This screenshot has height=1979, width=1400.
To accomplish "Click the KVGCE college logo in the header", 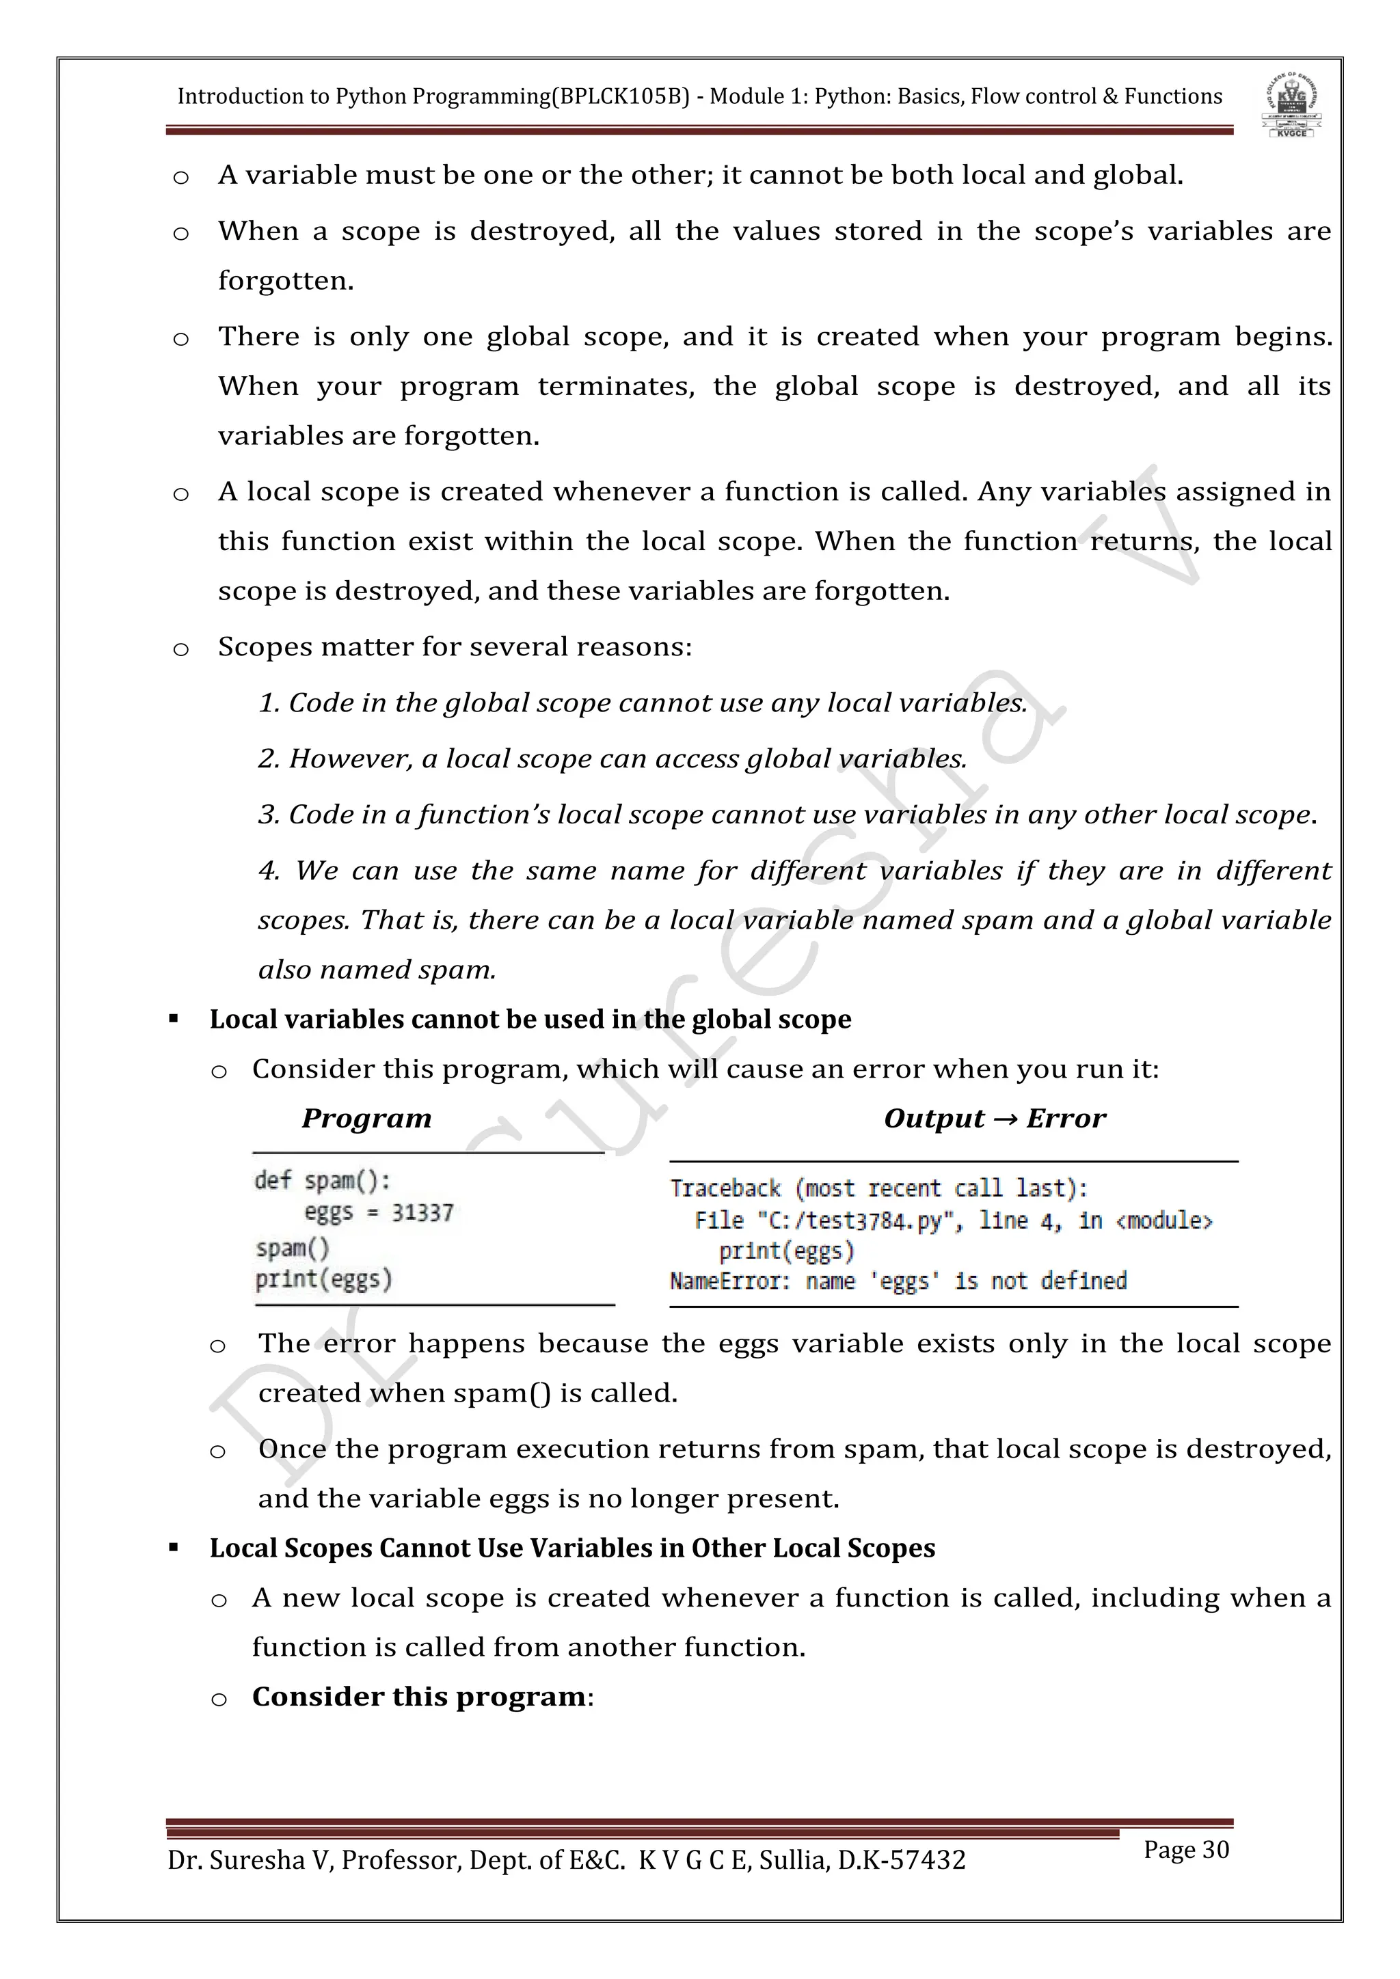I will pos(1291,105).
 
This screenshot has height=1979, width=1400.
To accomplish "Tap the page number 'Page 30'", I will pos(1185,1849).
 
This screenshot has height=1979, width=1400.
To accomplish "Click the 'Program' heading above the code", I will pos(366,1118).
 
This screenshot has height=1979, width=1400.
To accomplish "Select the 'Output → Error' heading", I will pos(994,1118).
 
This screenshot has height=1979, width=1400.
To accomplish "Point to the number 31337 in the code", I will pos(422,1214).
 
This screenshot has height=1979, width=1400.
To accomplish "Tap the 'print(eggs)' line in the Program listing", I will pos(323,1279).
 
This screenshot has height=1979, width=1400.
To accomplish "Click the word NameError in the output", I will pos(727,1281).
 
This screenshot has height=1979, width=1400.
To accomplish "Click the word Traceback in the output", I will pos(726,1188).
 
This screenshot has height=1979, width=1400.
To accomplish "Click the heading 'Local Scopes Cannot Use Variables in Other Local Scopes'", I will pos(571,1548).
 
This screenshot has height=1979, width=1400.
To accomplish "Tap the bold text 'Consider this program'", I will pos(419,1696).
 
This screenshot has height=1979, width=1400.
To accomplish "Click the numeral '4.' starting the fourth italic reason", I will pos(269,871).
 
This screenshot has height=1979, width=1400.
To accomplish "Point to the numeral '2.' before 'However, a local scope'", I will pos(268,759).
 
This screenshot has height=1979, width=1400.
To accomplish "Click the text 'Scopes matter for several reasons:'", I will pos(455,646).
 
